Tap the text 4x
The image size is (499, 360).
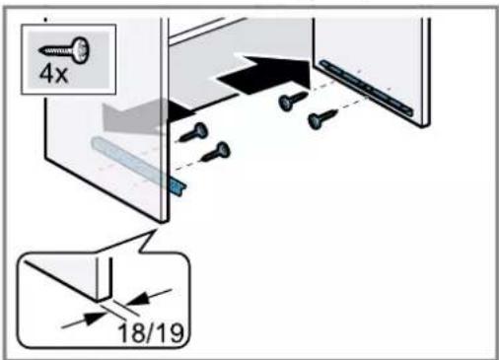[x=53, y=74]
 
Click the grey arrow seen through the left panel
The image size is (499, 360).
[x=131, y=116]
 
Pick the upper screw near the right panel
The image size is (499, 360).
[x=293, y=100]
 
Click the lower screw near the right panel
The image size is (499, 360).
[x=322, y=118]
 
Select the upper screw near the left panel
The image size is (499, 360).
[x=193, y=132]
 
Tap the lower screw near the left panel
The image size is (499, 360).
[x=216, y=152]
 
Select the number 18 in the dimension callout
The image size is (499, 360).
[x=130, y=334]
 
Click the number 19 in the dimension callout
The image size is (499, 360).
[x=170, y=333]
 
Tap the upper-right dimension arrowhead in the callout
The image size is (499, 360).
[x=137, y=299]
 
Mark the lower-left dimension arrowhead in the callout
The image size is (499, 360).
[x=95, y=317]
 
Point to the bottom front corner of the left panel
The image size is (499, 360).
[x=163, y=223]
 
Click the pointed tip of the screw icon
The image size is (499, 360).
[x=39, y=50]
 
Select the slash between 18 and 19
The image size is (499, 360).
[x=150, y=333]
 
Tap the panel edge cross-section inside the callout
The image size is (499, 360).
[x=105, y=279]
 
